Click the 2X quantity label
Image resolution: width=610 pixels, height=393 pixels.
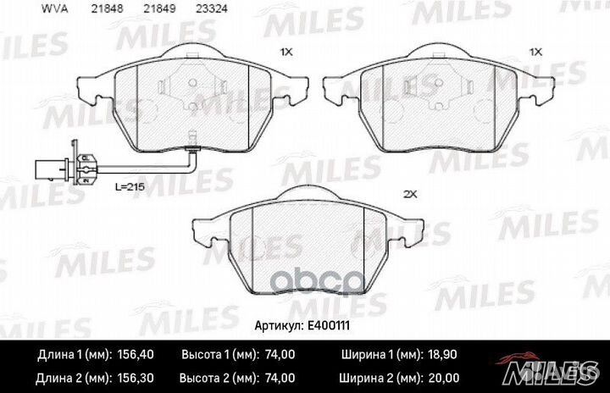tap(412, 194)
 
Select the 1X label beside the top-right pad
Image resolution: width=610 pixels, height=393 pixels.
tap(535, 52)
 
